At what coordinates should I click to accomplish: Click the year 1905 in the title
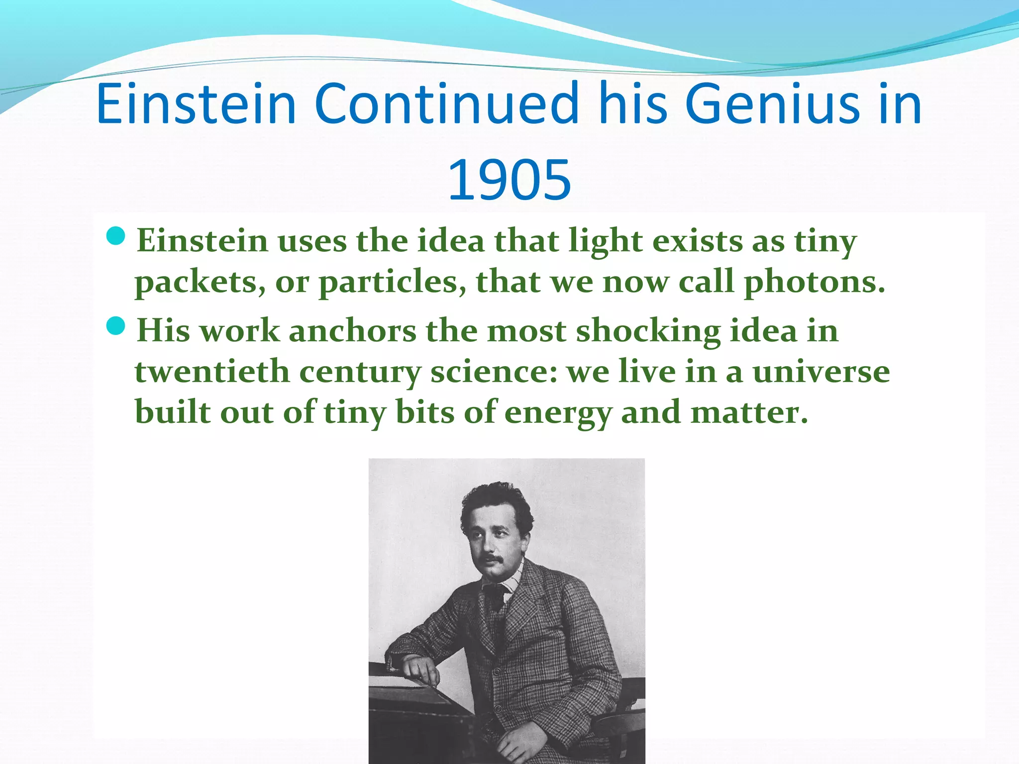[509, 180]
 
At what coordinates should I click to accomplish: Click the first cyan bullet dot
[116, 236]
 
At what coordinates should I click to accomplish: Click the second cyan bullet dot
[116, 326]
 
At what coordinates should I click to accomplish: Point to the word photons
[814, 282]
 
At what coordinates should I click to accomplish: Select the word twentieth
[212, 372]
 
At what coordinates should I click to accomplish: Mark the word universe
[820, 372]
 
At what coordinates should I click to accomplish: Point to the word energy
[558, 413]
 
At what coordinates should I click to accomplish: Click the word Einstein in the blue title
[197, 104]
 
